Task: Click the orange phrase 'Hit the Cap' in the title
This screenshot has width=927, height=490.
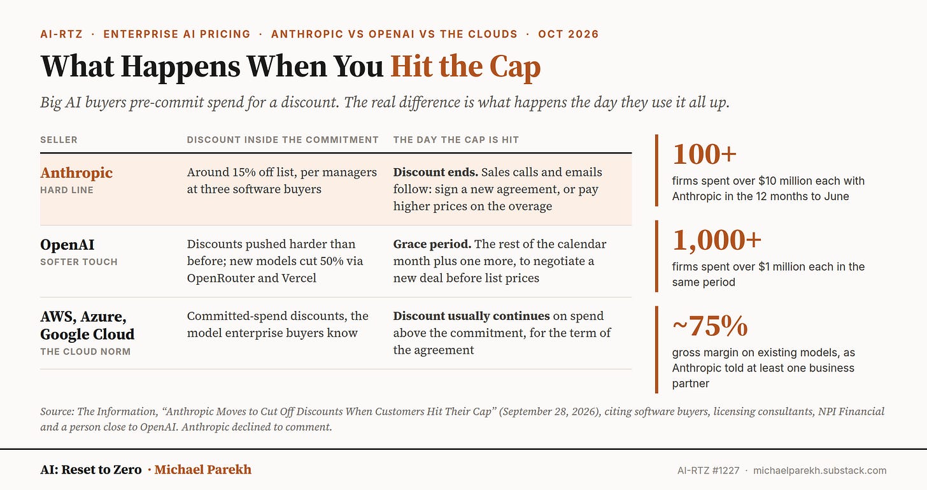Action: click(465, 66)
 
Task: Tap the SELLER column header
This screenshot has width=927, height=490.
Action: click(59, 140)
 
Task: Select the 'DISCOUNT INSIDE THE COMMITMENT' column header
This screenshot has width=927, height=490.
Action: click(283, 140)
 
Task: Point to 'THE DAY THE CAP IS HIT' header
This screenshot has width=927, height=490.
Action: click(456, 140)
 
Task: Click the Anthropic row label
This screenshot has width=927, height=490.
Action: click(76, 172)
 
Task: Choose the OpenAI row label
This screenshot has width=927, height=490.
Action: click(67, 245)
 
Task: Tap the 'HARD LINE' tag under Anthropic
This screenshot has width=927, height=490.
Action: click(67, 190)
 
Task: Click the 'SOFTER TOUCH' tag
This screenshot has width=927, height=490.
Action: click(79, 262)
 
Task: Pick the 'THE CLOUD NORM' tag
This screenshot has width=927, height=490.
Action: click(85, 351)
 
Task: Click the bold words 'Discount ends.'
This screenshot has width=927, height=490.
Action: click(435, 172)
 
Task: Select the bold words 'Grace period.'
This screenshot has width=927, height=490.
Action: click(432, 244)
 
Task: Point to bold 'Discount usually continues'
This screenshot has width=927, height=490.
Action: click(471, 315)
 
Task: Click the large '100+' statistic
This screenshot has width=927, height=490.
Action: click(704, 154)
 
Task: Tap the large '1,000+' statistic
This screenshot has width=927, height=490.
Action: click(717, 240)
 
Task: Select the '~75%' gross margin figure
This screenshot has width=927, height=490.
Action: click(710, 326)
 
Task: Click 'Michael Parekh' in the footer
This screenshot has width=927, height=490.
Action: click(202, 469)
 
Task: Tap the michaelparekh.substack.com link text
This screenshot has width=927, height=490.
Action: click(820, 470)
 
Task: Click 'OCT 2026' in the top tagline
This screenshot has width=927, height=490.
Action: click(569, 34)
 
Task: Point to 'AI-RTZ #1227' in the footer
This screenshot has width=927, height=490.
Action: click(708, 470)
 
